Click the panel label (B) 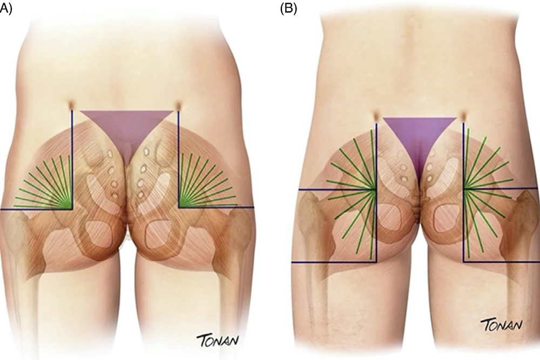click(288, 9)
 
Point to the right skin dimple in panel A click(178, 105)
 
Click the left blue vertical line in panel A click(72, 159)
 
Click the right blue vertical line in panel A click(178, 159)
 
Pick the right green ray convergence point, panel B click(465, 189)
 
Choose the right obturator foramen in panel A click(160, 235)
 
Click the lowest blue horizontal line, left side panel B click(334, 262)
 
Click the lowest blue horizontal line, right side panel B click(502, 262)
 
